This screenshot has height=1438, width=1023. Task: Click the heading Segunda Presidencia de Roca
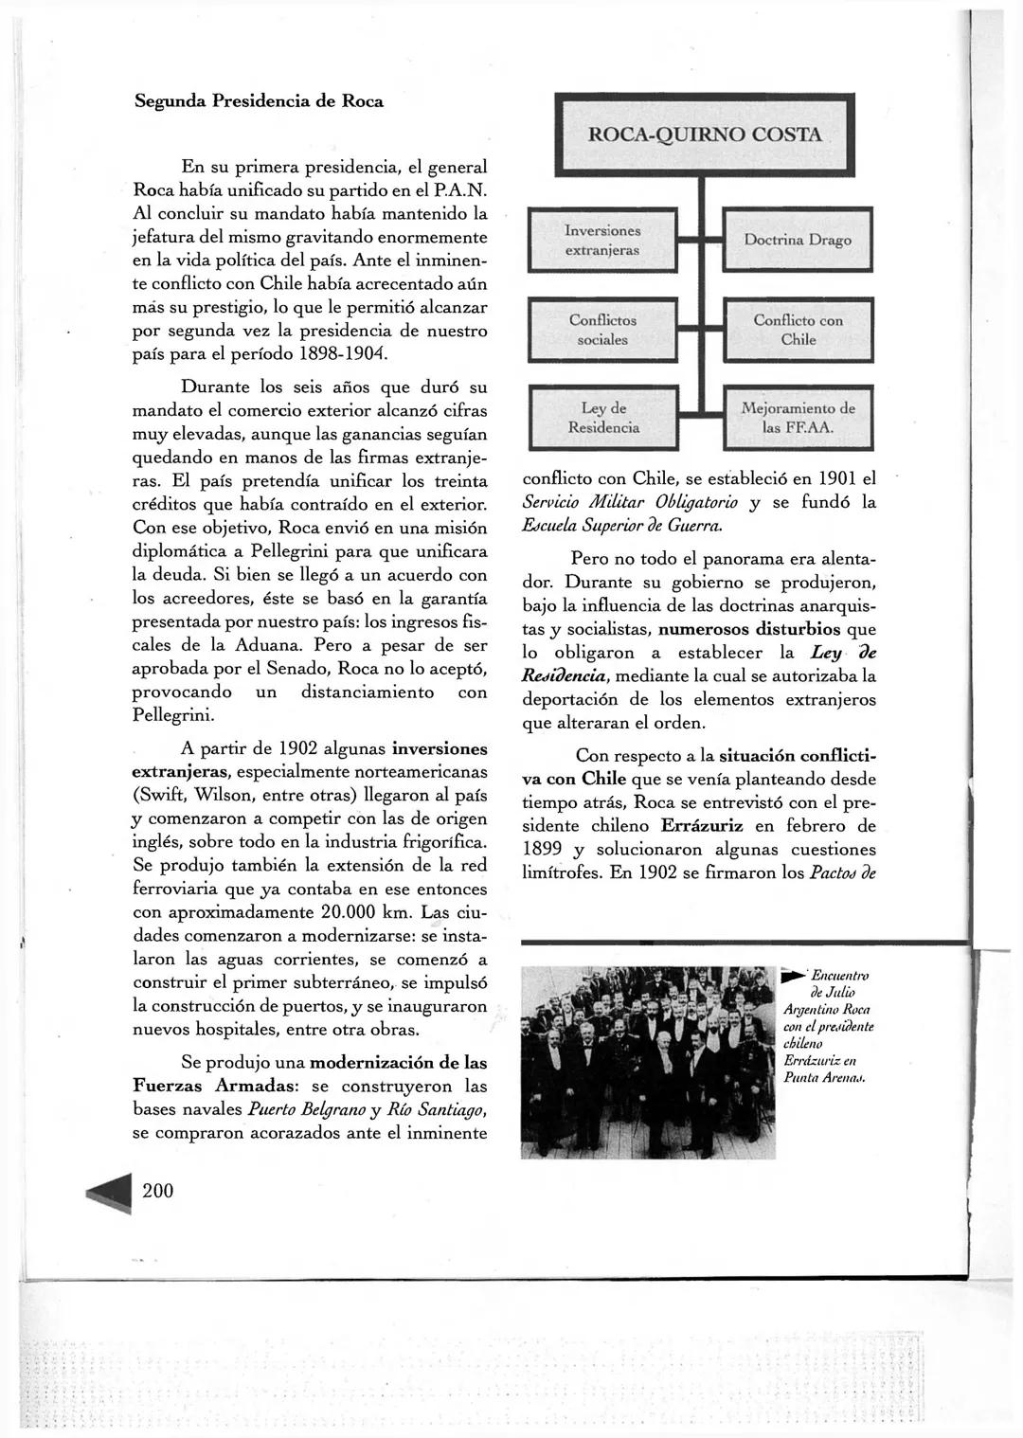pyautogui.click(x=258, y=100)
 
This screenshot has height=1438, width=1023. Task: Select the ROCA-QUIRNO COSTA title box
pyautogui.click(x=705, y=135)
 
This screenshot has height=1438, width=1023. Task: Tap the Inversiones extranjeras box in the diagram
pyautogui.click(x=602, y=241)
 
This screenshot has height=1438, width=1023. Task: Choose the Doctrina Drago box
pyautogui.click(x=798, y=241)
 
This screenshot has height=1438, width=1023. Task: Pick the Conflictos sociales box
pyautogui.click(x=602, y=330)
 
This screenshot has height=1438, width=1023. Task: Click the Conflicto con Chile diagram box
pyautogui.click(x=798, y=330)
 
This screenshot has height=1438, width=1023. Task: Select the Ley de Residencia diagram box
pyautogui.click(x=602, y=418)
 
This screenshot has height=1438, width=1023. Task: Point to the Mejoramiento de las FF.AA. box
pyautogui.click(x=798, y=418)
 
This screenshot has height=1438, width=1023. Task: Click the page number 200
pyautogui.click(x=158, y=1191)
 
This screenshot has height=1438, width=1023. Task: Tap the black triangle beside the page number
pyautogui.click(x=111, y=1193)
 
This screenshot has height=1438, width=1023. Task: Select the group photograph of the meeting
pyautogui.click(x=648, y=1061)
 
